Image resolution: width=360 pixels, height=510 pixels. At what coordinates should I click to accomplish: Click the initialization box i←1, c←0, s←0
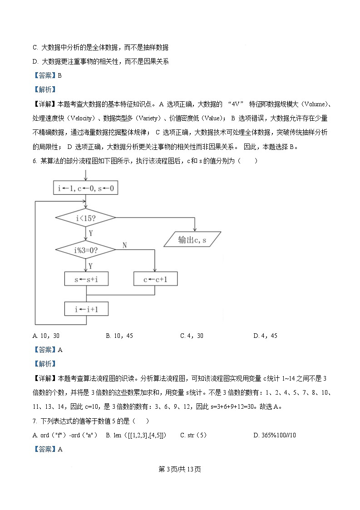(x=86, y=188)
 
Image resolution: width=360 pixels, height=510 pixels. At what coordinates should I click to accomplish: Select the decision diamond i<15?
(x=86, y=218)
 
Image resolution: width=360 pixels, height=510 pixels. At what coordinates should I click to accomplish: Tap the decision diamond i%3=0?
(x=86, y=250)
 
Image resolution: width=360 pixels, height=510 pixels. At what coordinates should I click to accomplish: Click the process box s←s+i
(x=86, y=279)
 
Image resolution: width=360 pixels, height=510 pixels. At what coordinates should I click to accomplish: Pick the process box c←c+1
(x=155, y=279)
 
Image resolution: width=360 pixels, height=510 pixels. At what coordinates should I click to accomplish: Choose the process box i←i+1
(x=86, y=309)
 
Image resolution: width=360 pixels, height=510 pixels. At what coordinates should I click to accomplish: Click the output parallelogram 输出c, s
(x=192, y=239)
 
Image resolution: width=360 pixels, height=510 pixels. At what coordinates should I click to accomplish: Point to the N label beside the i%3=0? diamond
(x=125, y=245)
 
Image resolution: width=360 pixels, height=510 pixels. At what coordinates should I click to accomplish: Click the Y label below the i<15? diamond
(x=91, y=233)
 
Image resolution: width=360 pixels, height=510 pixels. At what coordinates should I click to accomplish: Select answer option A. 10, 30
(x=46, y=336)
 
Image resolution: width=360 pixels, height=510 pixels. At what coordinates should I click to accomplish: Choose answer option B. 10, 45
(x=119, y=336)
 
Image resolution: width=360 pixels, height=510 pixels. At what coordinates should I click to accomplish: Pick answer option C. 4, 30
(x=192, y=336)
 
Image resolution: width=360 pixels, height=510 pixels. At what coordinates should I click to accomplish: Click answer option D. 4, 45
(x=265, y=336)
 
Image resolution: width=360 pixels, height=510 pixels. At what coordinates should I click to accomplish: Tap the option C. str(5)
(x=193, y=435)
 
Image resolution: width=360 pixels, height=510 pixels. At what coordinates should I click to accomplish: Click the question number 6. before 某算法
(x=35, y=161)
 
